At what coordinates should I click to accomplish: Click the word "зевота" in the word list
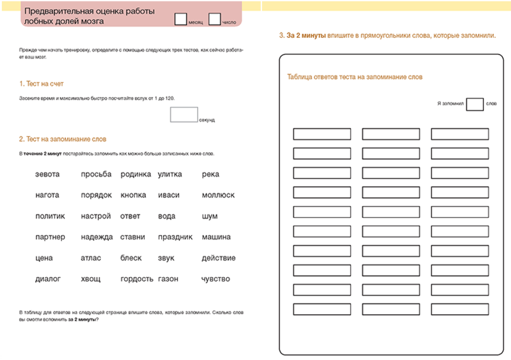[47, 174]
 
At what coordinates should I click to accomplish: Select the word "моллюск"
[218, 195]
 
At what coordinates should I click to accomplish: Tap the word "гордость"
[137, 279]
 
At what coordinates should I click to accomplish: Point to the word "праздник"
[175, 237]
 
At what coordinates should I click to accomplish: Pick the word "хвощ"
[91, 279]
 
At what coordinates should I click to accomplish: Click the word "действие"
[218, 258]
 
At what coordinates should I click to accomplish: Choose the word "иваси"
[169, 195]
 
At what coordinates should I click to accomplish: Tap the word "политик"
[50, 216]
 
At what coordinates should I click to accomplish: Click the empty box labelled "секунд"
[184, 114]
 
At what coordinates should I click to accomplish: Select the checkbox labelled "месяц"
[181, 19]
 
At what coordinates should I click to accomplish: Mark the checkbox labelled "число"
[214, 19]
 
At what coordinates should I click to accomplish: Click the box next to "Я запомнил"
[475, 104]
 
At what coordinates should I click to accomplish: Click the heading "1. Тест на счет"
[41, 84]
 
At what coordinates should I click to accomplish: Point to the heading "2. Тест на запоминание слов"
[62, 139]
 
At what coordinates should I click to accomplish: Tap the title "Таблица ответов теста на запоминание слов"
[355, 77]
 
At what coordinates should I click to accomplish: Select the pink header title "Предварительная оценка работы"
[90, 11]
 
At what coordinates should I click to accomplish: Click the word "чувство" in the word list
[216, 279]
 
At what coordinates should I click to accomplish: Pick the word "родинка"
[135, 174]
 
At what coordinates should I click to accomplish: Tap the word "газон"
[168, 279]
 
